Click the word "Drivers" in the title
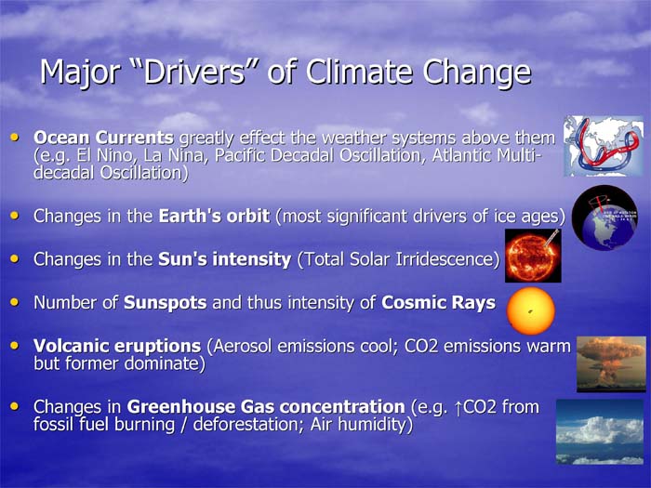[193, 72]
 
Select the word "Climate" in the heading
[359, 72]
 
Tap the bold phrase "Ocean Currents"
[104, 138]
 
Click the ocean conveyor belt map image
[604, 146]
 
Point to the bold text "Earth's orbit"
[214, 216]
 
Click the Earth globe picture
[604, 218]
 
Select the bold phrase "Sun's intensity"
[225, 259]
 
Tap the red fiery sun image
[533, 256]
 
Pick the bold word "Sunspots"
[166, 302]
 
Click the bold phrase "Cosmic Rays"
[438, 302]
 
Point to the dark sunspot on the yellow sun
[530, 310]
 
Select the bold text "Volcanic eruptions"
[117, 346]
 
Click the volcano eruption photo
[612, 364]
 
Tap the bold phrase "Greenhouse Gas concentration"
[266, 407]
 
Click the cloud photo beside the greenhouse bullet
[600, 432]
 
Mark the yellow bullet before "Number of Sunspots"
[15, 302]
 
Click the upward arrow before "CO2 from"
[458, 408]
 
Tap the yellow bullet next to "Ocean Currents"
[15, 137]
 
